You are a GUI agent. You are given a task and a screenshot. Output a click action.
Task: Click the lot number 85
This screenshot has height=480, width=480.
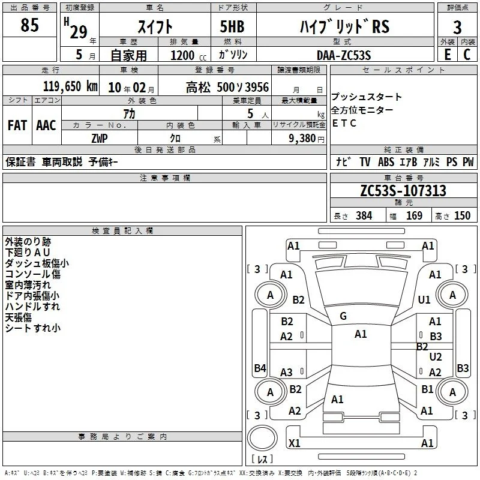click(x=29, y=25)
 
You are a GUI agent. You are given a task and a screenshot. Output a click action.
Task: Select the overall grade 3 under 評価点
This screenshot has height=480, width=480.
click(x=457, y=27)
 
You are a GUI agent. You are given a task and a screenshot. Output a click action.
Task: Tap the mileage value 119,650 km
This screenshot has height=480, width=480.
click(x=70, y=86)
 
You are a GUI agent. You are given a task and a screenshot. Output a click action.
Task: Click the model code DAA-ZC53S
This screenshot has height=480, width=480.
click(x=344, y=55)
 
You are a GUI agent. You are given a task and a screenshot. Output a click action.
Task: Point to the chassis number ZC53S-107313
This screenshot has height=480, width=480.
click(x=403, y=190)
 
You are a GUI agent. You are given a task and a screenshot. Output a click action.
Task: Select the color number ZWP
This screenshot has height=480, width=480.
click(x=100, y=139)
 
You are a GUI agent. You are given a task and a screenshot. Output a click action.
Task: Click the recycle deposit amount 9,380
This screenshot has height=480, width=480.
click(x=302, y=139)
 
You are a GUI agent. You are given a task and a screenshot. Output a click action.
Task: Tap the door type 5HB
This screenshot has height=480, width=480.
click(x=232, y=26)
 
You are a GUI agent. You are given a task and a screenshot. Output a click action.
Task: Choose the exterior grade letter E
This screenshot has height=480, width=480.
click(x=447, y=55)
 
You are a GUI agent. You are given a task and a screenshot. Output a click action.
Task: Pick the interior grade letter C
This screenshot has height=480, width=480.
click(x=467, y=55)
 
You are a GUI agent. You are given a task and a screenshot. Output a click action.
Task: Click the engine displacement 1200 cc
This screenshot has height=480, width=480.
click(x=188, y=55)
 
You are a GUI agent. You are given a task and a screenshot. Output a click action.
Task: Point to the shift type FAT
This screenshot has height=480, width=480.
click(x=17, y=125)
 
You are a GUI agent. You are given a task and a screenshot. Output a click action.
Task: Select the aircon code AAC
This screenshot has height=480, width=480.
click(x=46, y=125)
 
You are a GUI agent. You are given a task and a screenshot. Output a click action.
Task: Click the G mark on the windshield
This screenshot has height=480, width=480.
click(x=343, y=316)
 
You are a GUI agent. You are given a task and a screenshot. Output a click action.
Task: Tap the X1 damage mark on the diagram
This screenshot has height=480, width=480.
click(x=294, y=443)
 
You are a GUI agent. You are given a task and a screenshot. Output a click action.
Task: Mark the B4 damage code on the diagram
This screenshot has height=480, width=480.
click(x=260, y=368)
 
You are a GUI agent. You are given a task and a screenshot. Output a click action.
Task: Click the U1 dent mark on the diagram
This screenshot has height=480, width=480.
click(x=424, y=299)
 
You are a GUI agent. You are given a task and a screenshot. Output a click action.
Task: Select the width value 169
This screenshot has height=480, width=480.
click(x=414, y=215)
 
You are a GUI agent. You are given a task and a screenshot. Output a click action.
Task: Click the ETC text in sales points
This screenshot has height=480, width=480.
click(x=344, y=123)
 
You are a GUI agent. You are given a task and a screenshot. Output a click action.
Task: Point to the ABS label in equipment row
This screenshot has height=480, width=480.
click(x=386, y=161)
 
